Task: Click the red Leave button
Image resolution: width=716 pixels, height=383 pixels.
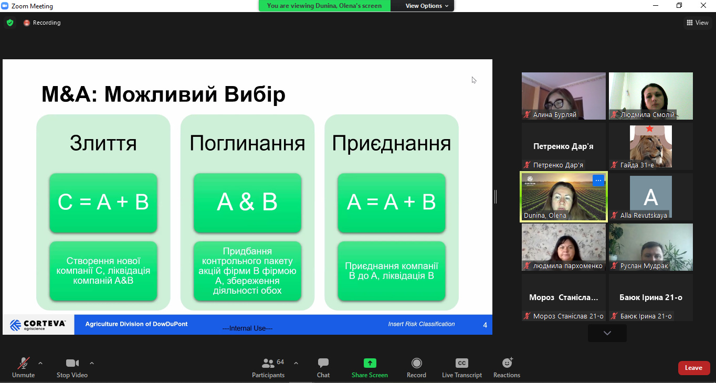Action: (x=693, y=368)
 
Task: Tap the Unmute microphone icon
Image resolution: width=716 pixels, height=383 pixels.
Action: (x=23, y=363)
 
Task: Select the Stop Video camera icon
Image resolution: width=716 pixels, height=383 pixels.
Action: (x=72, y=363)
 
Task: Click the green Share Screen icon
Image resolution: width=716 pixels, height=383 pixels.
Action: (x=370, y=363)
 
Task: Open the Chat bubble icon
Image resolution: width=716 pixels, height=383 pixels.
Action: (x=323, y=363)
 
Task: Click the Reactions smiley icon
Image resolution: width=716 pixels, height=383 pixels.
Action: (x=507, y=363)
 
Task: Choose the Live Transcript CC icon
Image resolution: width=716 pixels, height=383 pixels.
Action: (x=462, y=363)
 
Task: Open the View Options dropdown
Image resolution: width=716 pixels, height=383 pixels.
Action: (x=426, y=6)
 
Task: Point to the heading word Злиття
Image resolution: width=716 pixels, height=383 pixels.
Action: (x=103, y=143)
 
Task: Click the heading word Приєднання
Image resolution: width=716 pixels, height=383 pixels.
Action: (x=392, y=143)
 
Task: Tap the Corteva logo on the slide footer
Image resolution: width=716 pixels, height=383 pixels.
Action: (x=38, y=325)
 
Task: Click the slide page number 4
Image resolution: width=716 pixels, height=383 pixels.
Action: (x=485, y=325)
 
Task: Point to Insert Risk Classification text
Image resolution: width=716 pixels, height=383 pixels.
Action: (x=422, y=324)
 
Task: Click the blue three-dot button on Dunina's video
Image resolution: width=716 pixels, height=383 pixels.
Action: (x=598, y=180)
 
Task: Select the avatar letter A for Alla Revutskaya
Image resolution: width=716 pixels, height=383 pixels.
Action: (x=651, y=197)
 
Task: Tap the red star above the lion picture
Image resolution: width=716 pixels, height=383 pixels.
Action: (x=649, y=129)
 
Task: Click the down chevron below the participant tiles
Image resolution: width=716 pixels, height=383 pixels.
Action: (x=607, y=333)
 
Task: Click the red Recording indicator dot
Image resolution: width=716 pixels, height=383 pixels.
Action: (x=27, y=23)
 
